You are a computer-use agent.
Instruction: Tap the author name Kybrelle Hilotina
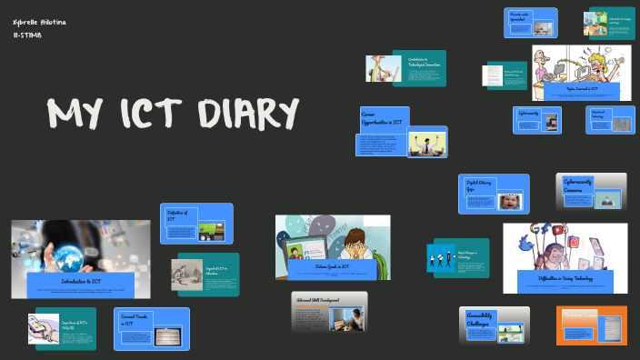click(39, 22)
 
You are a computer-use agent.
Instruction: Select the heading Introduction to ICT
click(81, 282)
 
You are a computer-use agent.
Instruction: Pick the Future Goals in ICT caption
click(333, 267)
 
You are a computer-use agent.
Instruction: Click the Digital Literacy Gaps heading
click(480, 185)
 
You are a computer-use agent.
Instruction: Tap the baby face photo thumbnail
click(510, 202)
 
